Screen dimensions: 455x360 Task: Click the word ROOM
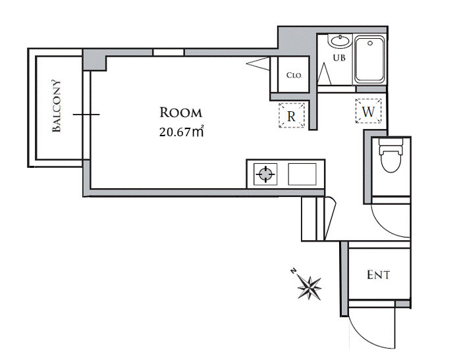pyautogui.click(x=181, y=113)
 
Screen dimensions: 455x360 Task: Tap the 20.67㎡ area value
pyautogui.click(x=181, y=132)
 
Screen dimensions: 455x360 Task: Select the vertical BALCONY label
pyautogui.click(x=57, y=106)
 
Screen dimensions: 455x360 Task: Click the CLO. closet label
pyautogui.click(x=294, y=75)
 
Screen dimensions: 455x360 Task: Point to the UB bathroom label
pyautogui.click(x=339, y=58)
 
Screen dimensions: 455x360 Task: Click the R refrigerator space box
pyautogui.click(x=292, y=115)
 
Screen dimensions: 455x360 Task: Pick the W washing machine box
pyautogui.click(x=369, y=111)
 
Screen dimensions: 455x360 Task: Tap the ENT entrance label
pyautogui.click(x=379, y=274)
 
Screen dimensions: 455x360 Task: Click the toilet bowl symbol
pyautogui.click(x=391, y=155)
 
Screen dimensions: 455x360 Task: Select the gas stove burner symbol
pyautogui.click(x=265, y=174)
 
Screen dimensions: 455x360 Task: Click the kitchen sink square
pyautogui.click(x=302, y=174)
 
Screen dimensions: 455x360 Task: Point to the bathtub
pyautogui.click(x=369, y=59)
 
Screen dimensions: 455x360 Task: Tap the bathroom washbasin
pyautogui.click(x=340, y=41)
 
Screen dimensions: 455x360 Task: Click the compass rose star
pyautogui.click(x=310, y=288)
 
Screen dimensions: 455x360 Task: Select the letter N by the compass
pyautogui.click(x=294, y=271)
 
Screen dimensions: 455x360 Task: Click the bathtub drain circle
pyautogui.click(x=370, y=43)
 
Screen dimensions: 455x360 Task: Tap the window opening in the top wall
pyautogui.click(x=169, y=53)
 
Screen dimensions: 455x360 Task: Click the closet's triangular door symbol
pyautogui.click(x=258, y=64)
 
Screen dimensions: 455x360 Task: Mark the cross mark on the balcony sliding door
pyautogui.click(x=86, y=115)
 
